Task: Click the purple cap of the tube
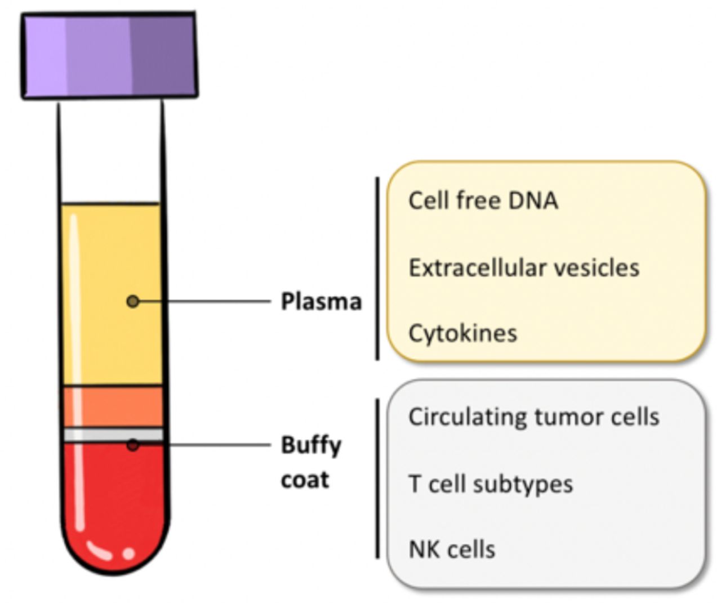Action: (109, 56)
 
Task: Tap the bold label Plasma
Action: (321, 302)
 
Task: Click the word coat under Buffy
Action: (305, 480)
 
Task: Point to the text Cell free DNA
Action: (483, 200)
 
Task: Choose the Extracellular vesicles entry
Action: (524, 267)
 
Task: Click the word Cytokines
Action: (462, 334)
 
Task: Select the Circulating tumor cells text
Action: (534, 417)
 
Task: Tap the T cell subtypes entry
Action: (491, 484)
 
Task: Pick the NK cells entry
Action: (452, 549)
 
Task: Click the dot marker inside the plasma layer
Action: (133, 301)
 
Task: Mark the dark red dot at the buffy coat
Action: (133, 445)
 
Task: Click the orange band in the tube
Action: (113, 407)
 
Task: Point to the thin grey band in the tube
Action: (113, 435)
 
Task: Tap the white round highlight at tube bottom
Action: (129, 553)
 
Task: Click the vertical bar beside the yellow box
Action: (377, 269)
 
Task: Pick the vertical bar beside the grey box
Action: (377, 479)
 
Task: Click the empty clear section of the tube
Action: (110, 152)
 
